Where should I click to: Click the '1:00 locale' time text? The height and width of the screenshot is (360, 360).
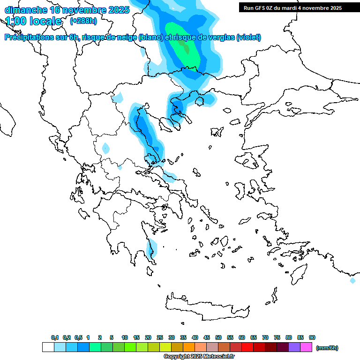33,21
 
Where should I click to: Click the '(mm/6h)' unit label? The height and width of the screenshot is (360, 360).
327,348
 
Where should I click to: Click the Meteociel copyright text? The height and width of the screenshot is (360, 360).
199,356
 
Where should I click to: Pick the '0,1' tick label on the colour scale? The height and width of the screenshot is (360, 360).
55,337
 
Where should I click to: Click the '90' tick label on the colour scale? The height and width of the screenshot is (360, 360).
312,337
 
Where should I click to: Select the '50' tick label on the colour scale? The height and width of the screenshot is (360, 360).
218,337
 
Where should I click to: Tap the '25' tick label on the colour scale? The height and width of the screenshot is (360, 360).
160,337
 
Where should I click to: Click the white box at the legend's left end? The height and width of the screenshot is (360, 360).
48,347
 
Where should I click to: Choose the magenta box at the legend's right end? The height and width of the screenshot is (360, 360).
306,347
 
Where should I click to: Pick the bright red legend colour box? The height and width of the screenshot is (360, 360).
247,347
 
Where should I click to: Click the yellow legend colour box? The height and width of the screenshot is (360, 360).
165,347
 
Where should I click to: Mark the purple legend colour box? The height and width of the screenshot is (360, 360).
294,347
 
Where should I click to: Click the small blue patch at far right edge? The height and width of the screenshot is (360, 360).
352,280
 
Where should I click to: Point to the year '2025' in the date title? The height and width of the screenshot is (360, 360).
119,10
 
